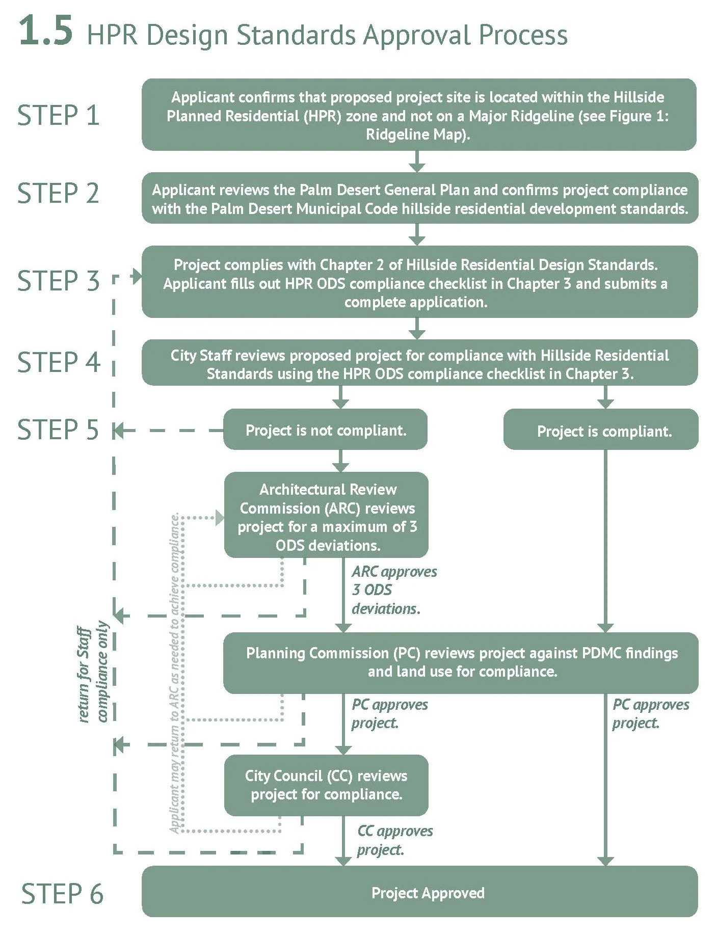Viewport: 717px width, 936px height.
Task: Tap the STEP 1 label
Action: [x=58, y=115]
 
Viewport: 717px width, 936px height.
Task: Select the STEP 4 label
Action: [x=59, y=362]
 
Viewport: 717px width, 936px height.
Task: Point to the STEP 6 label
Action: [x=62, y=894]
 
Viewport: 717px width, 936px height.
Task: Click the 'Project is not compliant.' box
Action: [x=325, y=430]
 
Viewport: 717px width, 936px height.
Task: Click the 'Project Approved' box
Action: [x=419, y=893]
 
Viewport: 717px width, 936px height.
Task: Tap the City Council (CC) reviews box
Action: [x=326, y=785]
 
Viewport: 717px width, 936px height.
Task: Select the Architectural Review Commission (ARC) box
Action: [x=326, y=515]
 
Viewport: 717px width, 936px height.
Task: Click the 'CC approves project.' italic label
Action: [x=395, y=840]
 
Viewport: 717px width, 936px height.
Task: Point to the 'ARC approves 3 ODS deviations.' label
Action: [x=394, y=590]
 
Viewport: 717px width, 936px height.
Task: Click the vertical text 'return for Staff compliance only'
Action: [x=93, y=672]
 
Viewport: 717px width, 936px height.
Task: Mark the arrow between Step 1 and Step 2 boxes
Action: [x=417, y=161]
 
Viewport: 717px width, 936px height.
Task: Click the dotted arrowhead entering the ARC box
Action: [x=220, y=518]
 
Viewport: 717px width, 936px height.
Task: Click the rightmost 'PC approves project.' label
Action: [x=651, y=714]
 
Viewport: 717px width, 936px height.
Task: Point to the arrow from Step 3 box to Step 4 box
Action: [x=417, y=329]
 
